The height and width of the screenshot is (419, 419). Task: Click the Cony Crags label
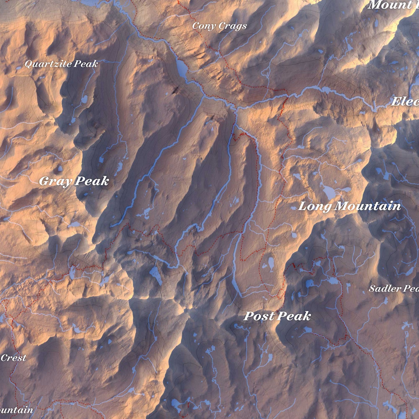220,26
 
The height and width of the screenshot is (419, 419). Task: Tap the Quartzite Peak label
61,64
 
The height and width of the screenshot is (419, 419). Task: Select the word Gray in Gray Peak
55,182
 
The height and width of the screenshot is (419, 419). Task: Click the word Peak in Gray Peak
92,181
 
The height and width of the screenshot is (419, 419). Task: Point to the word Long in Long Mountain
315,207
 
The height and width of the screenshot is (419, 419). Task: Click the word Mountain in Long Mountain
368,206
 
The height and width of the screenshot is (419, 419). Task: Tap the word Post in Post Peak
259,316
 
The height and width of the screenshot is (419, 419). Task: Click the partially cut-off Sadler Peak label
394,289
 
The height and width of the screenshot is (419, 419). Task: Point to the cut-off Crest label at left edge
13,358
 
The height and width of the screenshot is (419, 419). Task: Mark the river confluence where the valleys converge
236,110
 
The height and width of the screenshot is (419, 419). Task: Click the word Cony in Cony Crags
204,26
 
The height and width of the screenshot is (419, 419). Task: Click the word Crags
233,26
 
